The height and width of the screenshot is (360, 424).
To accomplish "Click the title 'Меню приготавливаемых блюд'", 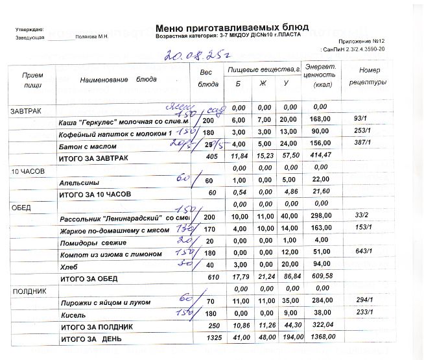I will [232, 27].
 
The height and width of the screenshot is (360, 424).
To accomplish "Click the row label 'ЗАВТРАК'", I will [25, 112].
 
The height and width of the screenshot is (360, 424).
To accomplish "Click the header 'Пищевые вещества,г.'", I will [262, 68].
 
